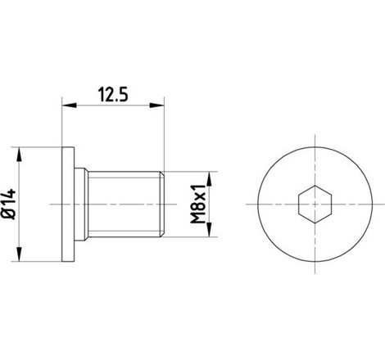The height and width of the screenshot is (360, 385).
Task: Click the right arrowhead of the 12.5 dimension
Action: click(x=161, y=105)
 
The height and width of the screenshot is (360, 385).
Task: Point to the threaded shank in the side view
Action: click(x=123, y=202)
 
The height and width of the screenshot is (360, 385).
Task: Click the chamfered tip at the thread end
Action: click(x=164, y=202)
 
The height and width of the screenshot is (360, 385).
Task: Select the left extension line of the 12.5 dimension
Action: click(x=63, y=123)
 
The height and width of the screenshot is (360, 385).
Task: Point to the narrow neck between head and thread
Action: click(x=84, y=202)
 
